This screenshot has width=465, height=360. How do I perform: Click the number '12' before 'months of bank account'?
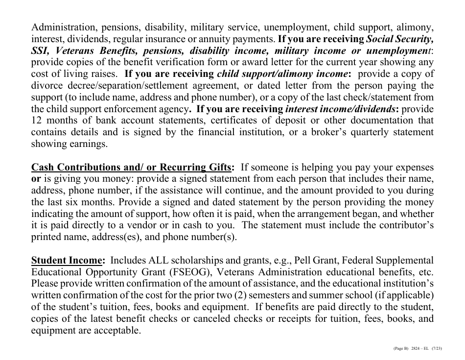(37, 120)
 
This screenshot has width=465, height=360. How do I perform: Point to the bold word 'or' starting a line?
(36, 179)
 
